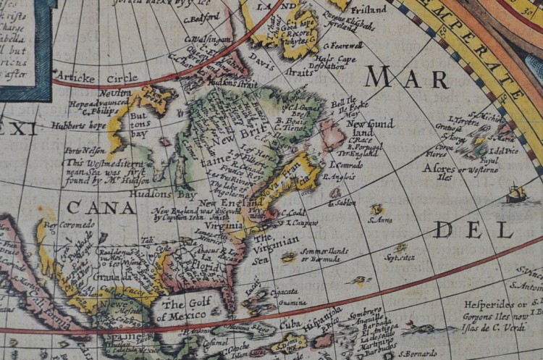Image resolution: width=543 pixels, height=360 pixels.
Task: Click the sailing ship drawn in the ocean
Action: point(515,193)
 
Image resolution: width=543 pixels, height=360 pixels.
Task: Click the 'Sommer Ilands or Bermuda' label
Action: point(324,254)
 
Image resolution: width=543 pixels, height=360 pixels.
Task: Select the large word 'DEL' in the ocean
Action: point(473,230)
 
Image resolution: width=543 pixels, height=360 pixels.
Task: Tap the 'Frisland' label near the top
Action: point(368,10)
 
